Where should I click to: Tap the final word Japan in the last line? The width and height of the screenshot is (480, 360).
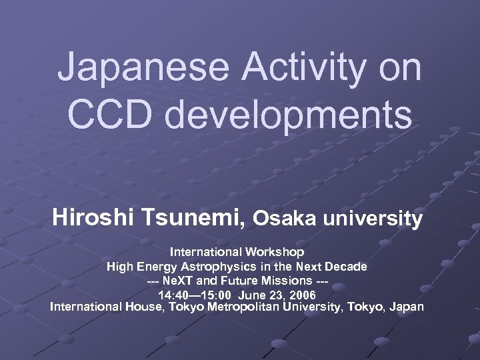405,307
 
